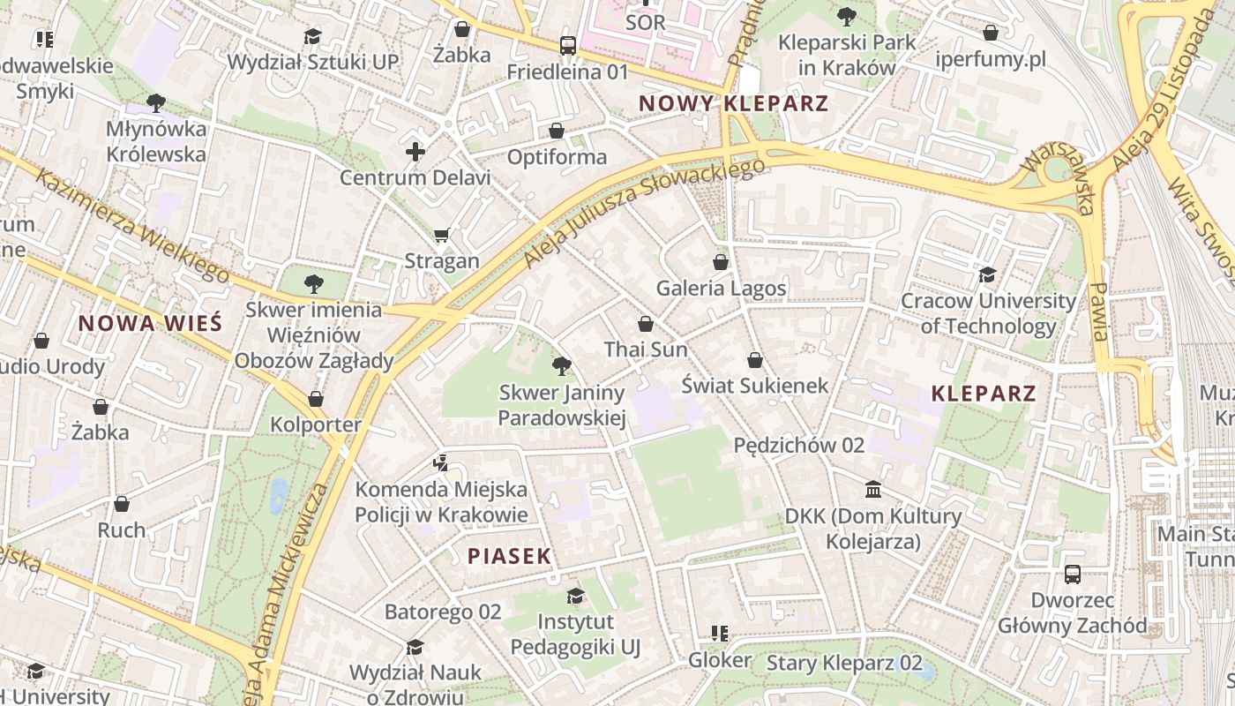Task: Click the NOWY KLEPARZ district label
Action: (733, 103)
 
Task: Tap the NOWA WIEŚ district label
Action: (150, 323)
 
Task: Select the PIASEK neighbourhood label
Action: (509, 556)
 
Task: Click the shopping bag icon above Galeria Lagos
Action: (721, 262)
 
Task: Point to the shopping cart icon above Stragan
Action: (442, 235)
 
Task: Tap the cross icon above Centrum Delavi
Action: (415, 152)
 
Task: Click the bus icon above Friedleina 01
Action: (568, 46)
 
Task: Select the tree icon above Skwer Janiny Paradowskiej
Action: (561, 366)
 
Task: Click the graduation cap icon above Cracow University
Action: (987, 275)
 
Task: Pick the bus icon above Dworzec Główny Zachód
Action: (1073, 575)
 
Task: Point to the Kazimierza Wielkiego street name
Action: (132, 225)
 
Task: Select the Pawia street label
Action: (1098, 312)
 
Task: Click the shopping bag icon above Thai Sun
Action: (646, 324)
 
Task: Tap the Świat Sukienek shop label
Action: (755, 386)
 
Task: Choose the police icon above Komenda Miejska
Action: (441, 462)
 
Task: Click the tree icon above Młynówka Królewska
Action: (156, 103)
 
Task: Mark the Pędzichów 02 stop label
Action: (798, 446)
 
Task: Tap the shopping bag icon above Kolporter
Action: (316, 400)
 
